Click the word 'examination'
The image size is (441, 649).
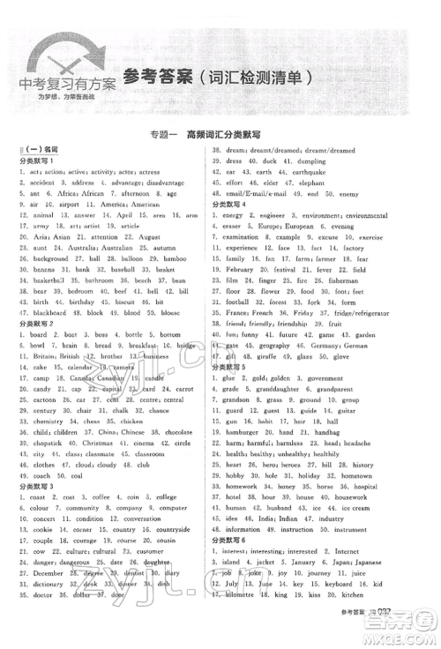(x=254, y=236)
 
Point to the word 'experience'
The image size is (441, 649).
(x=251, y=248)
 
